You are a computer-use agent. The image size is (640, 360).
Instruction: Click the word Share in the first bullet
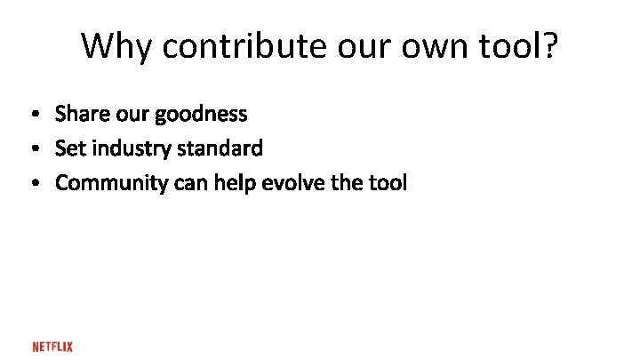click(79, 114)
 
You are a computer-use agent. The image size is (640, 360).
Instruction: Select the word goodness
click(200, 115)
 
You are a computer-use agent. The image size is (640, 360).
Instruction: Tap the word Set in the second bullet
click(68, 148)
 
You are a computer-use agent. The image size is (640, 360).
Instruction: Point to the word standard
click(220, 148)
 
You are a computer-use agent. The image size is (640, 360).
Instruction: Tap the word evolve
click(290, 183)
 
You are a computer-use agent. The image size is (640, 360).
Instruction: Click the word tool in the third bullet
click(388, 183)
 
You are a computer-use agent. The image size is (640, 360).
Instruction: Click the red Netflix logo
click(52, 346)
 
